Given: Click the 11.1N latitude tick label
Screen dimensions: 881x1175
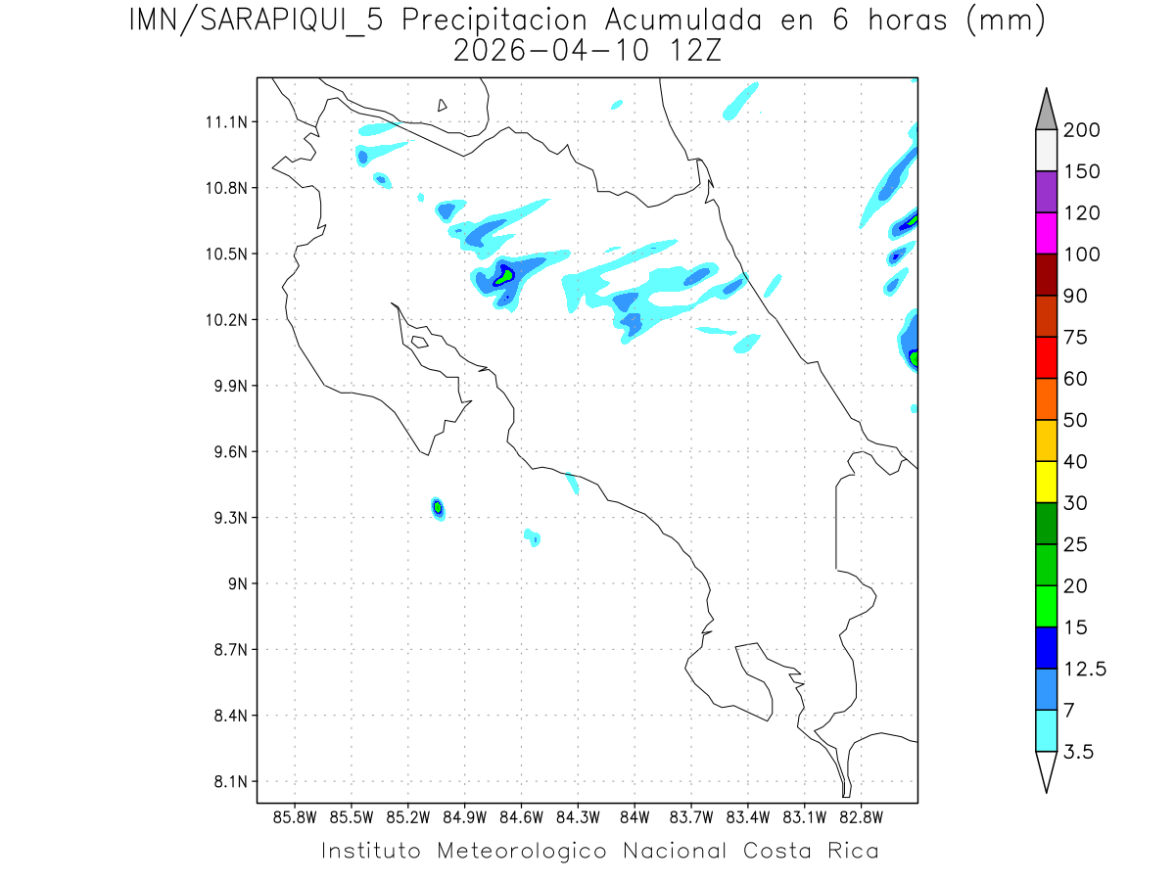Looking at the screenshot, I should pos(223,122).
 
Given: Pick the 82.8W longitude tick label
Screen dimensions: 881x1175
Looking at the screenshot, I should pos(861,815).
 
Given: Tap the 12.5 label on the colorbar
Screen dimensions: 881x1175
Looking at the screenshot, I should pos(1085,669).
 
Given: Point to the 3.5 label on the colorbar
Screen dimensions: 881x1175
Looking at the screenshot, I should pos(1079,752).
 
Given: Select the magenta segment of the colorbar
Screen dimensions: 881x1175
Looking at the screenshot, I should pos(1046,233).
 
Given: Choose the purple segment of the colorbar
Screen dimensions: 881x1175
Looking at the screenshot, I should pos(1046,192).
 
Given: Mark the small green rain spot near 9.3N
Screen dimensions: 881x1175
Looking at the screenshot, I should pos(438,507).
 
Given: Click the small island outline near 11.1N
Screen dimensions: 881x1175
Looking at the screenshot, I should pos(443,105).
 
